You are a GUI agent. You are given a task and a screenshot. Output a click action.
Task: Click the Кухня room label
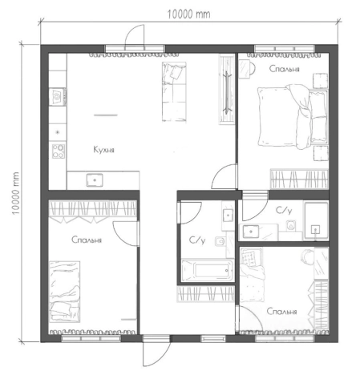click(103, 150)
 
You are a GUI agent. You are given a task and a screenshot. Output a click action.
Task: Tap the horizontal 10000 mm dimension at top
click(189, 14)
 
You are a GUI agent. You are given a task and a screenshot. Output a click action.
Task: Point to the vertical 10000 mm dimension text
click(15, 193)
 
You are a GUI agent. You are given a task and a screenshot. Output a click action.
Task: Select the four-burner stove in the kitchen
click(59, 151)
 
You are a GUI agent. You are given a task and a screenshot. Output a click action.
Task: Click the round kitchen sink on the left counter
click(58, 97)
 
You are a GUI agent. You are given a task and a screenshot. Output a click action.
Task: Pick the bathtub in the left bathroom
click(207, 270)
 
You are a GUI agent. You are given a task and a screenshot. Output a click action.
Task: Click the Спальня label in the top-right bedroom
click(284, 69)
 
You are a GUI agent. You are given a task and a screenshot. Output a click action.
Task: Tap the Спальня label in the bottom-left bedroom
click(87, 240)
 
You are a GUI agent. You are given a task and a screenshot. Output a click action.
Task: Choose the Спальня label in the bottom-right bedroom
click(281, 312)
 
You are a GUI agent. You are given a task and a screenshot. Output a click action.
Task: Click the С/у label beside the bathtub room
click(197, 240)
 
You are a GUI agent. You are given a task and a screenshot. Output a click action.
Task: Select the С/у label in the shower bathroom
click(284, 211)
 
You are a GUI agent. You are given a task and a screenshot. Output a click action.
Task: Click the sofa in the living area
click(174, 91)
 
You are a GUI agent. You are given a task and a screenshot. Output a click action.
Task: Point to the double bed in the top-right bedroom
click(293, 117)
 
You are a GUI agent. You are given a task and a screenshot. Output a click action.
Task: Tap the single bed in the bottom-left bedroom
click(65, 292)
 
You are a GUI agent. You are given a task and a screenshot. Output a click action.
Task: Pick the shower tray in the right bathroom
click(316, 221)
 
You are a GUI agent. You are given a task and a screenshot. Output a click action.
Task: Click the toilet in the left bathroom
click(220, 241)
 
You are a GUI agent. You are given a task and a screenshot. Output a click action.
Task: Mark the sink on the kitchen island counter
click(95, 180)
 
